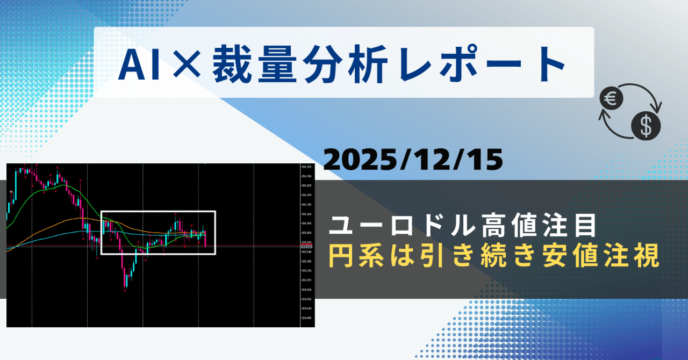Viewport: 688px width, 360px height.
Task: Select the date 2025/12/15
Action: (413, 160)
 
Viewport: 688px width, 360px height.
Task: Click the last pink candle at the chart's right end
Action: (205, 239)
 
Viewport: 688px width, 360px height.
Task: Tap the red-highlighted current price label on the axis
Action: (307, 246)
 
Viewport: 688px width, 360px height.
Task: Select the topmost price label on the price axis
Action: (307, 167)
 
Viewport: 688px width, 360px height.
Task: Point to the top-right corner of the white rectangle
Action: (215, 211)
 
